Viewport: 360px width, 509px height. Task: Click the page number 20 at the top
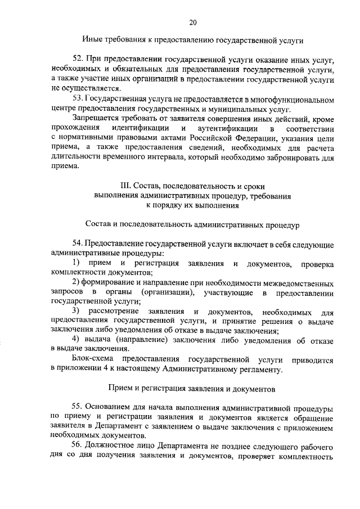pyautogui.click(x=193, y=22)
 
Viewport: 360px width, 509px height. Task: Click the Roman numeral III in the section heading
pyautogui.click(x=125, y=186)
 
